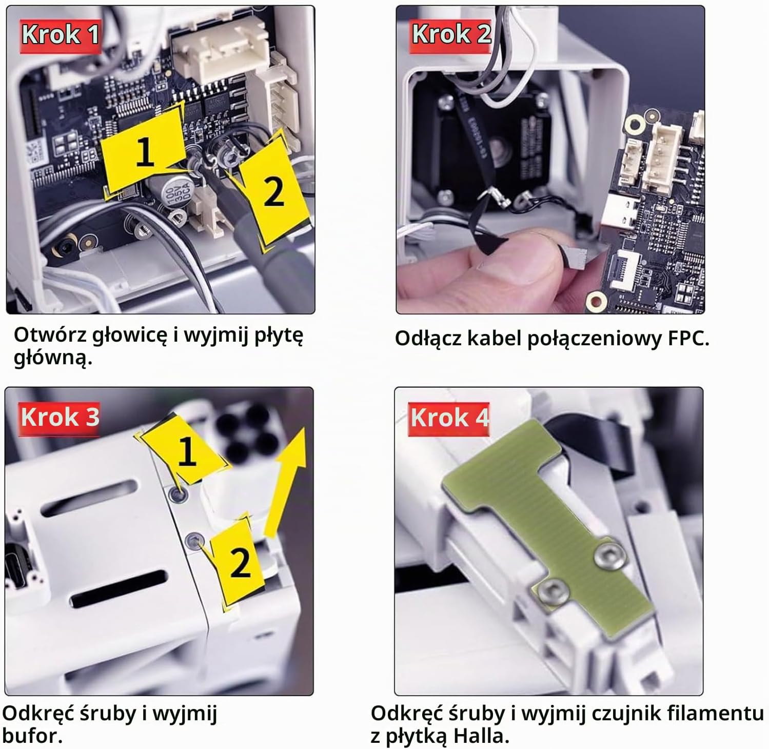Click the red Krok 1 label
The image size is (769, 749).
pyautogui.click(x=60, y=35)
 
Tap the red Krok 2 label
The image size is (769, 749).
pyautogui.click(x=451, y=35)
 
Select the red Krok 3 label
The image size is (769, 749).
pyautogui.click(x=60, y=418)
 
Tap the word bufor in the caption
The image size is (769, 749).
pyautogui.click(x=32, y=736)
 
